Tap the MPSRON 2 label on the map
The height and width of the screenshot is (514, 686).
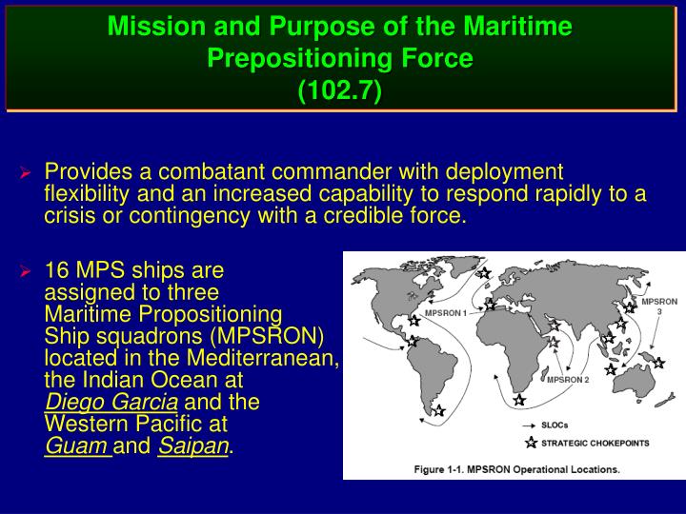tap(568, 380)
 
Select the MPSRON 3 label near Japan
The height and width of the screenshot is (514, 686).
tap(658, 306)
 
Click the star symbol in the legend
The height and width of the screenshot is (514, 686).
tap(530, 443)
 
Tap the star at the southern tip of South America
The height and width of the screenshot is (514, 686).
tap(438, 411)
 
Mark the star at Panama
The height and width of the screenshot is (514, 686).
tap(412, 340)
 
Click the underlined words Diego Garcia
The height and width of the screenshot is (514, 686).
tap(111, 401)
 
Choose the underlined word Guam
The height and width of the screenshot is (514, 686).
tap(78, 445)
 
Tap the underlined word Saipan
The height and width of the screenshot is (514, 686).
tap(193, 445)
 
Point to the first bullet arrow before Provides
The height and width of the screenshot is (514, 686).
tap(27, 174)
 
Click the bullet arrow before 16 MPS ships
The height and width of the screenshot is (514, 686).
tap(27, 272)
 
